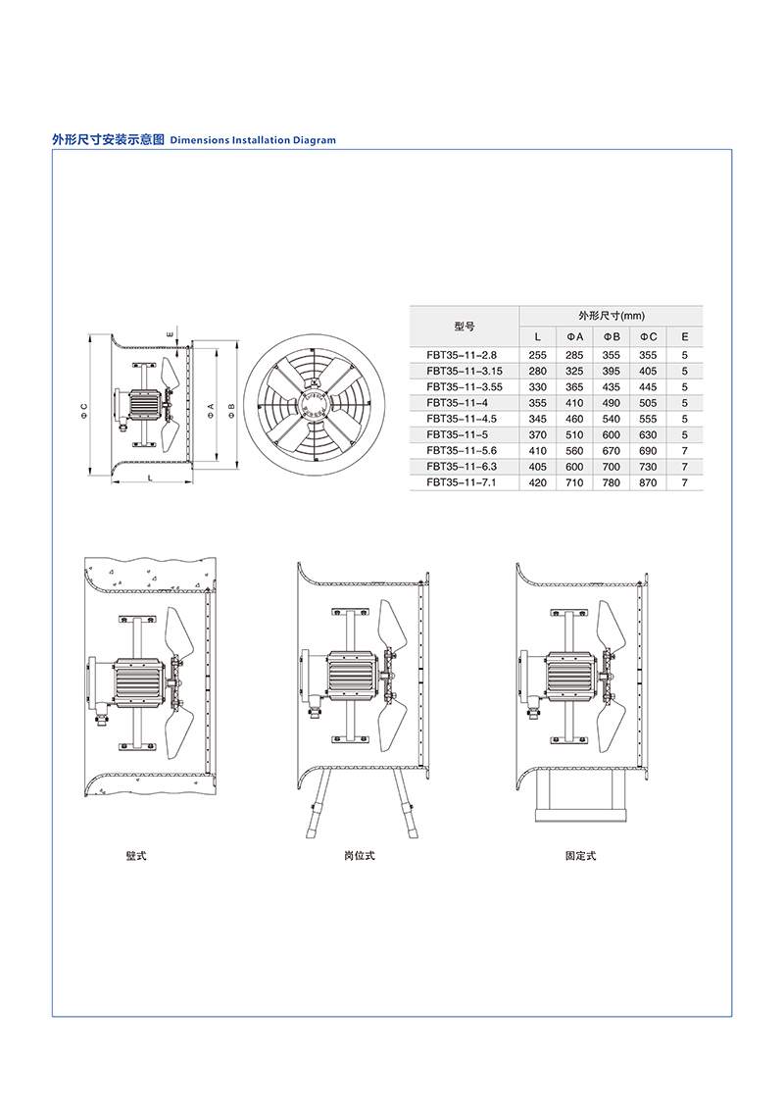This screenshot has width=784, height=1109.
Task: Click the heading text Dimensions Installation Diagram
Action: click(253, 140)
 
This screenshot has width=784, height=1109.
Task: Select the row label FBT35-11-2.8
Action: click(462, 355)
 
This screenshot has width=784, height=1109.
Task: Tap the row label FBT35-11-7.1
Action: click(462, 482)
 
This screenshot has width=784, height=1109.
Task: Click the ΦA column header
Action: click(574, 336)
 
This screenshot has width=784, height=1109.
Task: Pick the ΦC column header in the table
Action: click(648, 336)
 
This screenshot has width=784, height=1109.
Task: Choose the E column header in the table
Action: click(684, 336)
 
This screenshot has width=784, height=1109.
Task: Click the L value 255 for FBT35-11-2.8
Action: click(537, 355)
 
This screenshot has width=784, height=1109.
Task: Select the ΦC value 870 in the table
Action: click(648, 482)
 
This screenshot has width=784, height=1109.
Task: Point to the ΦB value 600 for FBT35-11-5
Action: click(612, 435)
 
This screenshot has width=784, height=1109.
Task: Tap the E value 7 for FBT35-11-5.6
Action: click(684, 450)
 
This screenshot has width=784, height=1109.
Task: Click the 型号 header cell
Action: click(465, 327)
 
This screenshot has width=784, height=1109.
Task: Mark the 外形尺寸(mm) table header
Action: click(612, 316)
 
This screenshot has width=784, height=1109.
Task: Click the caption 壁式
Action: click(136, 856)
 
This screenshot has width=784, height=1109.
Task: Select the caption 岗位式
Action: click(359, 856)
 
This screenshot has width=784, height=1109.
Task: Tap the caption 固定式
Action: click(580, 856)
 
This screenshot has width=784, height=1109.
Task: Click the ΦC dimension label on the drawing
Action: click(84, 410)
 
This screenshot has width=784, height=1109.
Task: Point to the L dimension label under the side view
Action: click(150, 479)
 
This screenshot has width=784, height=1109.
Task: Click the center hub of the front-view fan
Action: click(314, 405)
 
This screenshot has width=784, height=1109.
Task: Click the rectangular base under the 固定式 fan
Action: click(580, 795)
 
